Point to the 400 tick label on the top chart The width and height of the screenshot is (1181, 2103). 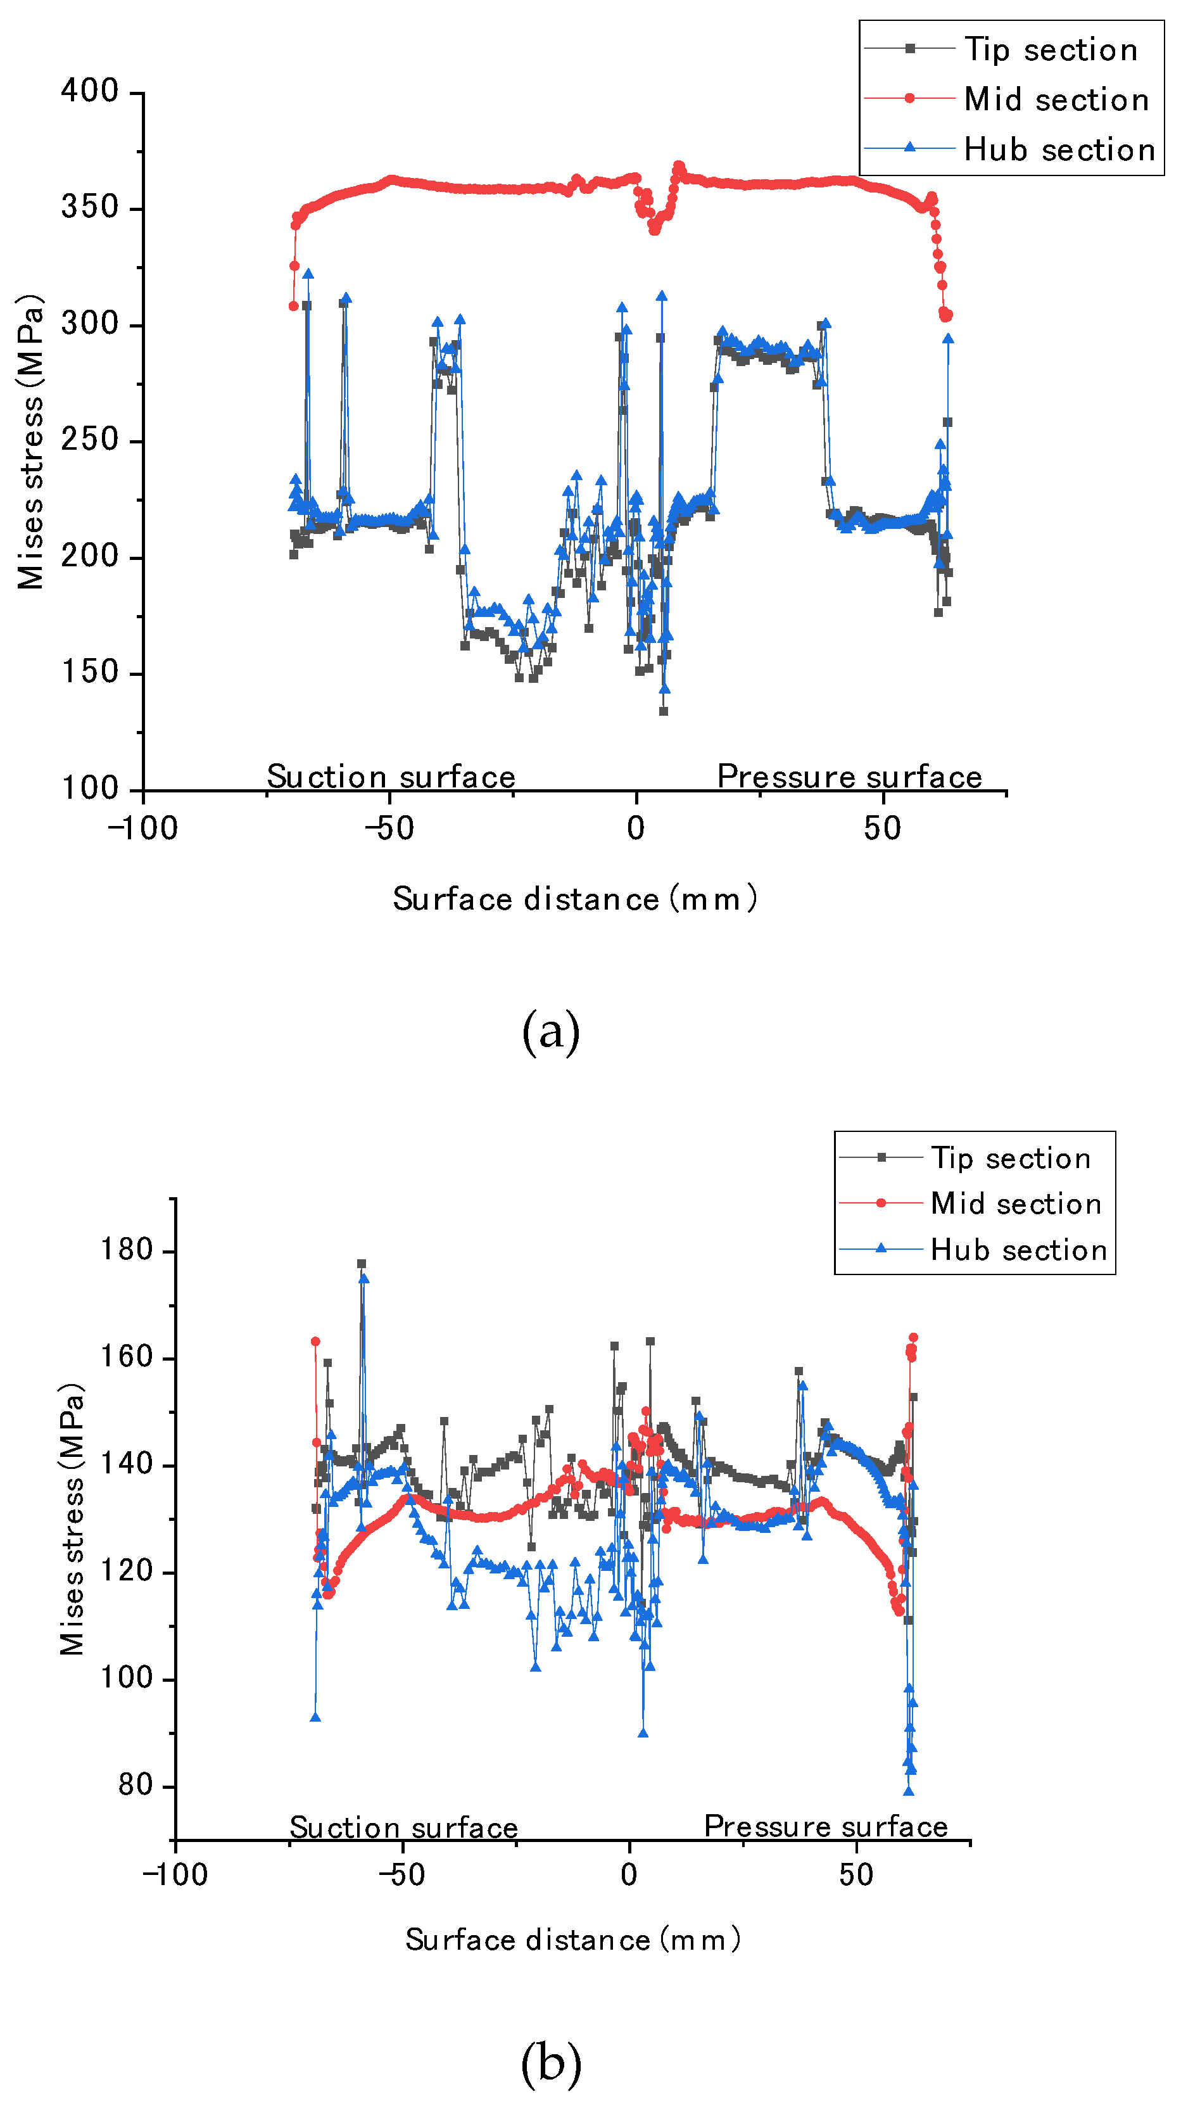91,91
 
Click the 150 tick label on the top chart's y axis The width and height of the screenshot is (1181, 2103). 91,673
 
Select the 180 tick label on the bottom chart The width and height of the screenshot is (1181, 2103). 127,1250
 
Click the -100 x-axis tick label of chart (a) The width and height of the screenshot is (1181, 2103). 143,829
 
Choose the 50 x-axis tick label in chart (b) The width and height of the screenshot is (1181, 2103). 856,1875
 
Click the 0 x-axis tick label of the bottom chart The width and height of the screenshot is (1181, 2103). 628,1875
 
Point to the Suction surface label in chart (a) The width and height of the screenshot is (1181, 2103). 391,777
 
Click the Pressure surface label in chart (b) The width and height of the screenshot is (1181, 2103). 825,1826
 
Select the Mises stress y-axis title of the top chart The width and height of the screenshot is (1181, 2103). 31,442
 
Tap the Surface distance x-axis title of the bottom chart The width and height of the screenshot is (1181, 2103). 573,1940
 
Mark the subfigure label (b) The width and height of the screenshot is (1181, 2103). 551,2062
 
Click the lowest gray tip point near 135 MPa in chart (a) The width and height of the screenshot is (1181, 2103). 664,711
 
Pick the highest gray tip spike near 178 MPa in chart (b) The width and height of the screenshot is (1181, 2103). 362,1264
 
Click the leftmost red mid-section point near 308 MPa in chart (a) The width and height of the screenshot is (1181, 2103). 294,306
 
